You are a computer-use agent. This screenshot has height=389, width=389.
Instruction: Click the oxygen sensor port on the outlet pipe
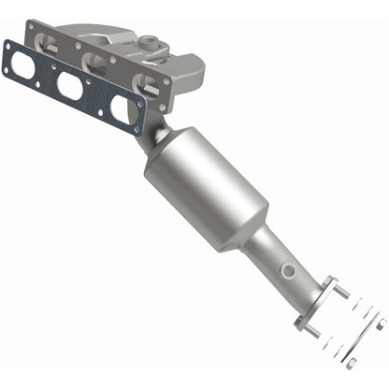[290, 271]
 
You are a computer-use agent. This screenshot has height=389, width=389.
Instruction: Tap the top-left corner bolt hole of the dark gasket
[11, 44]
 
